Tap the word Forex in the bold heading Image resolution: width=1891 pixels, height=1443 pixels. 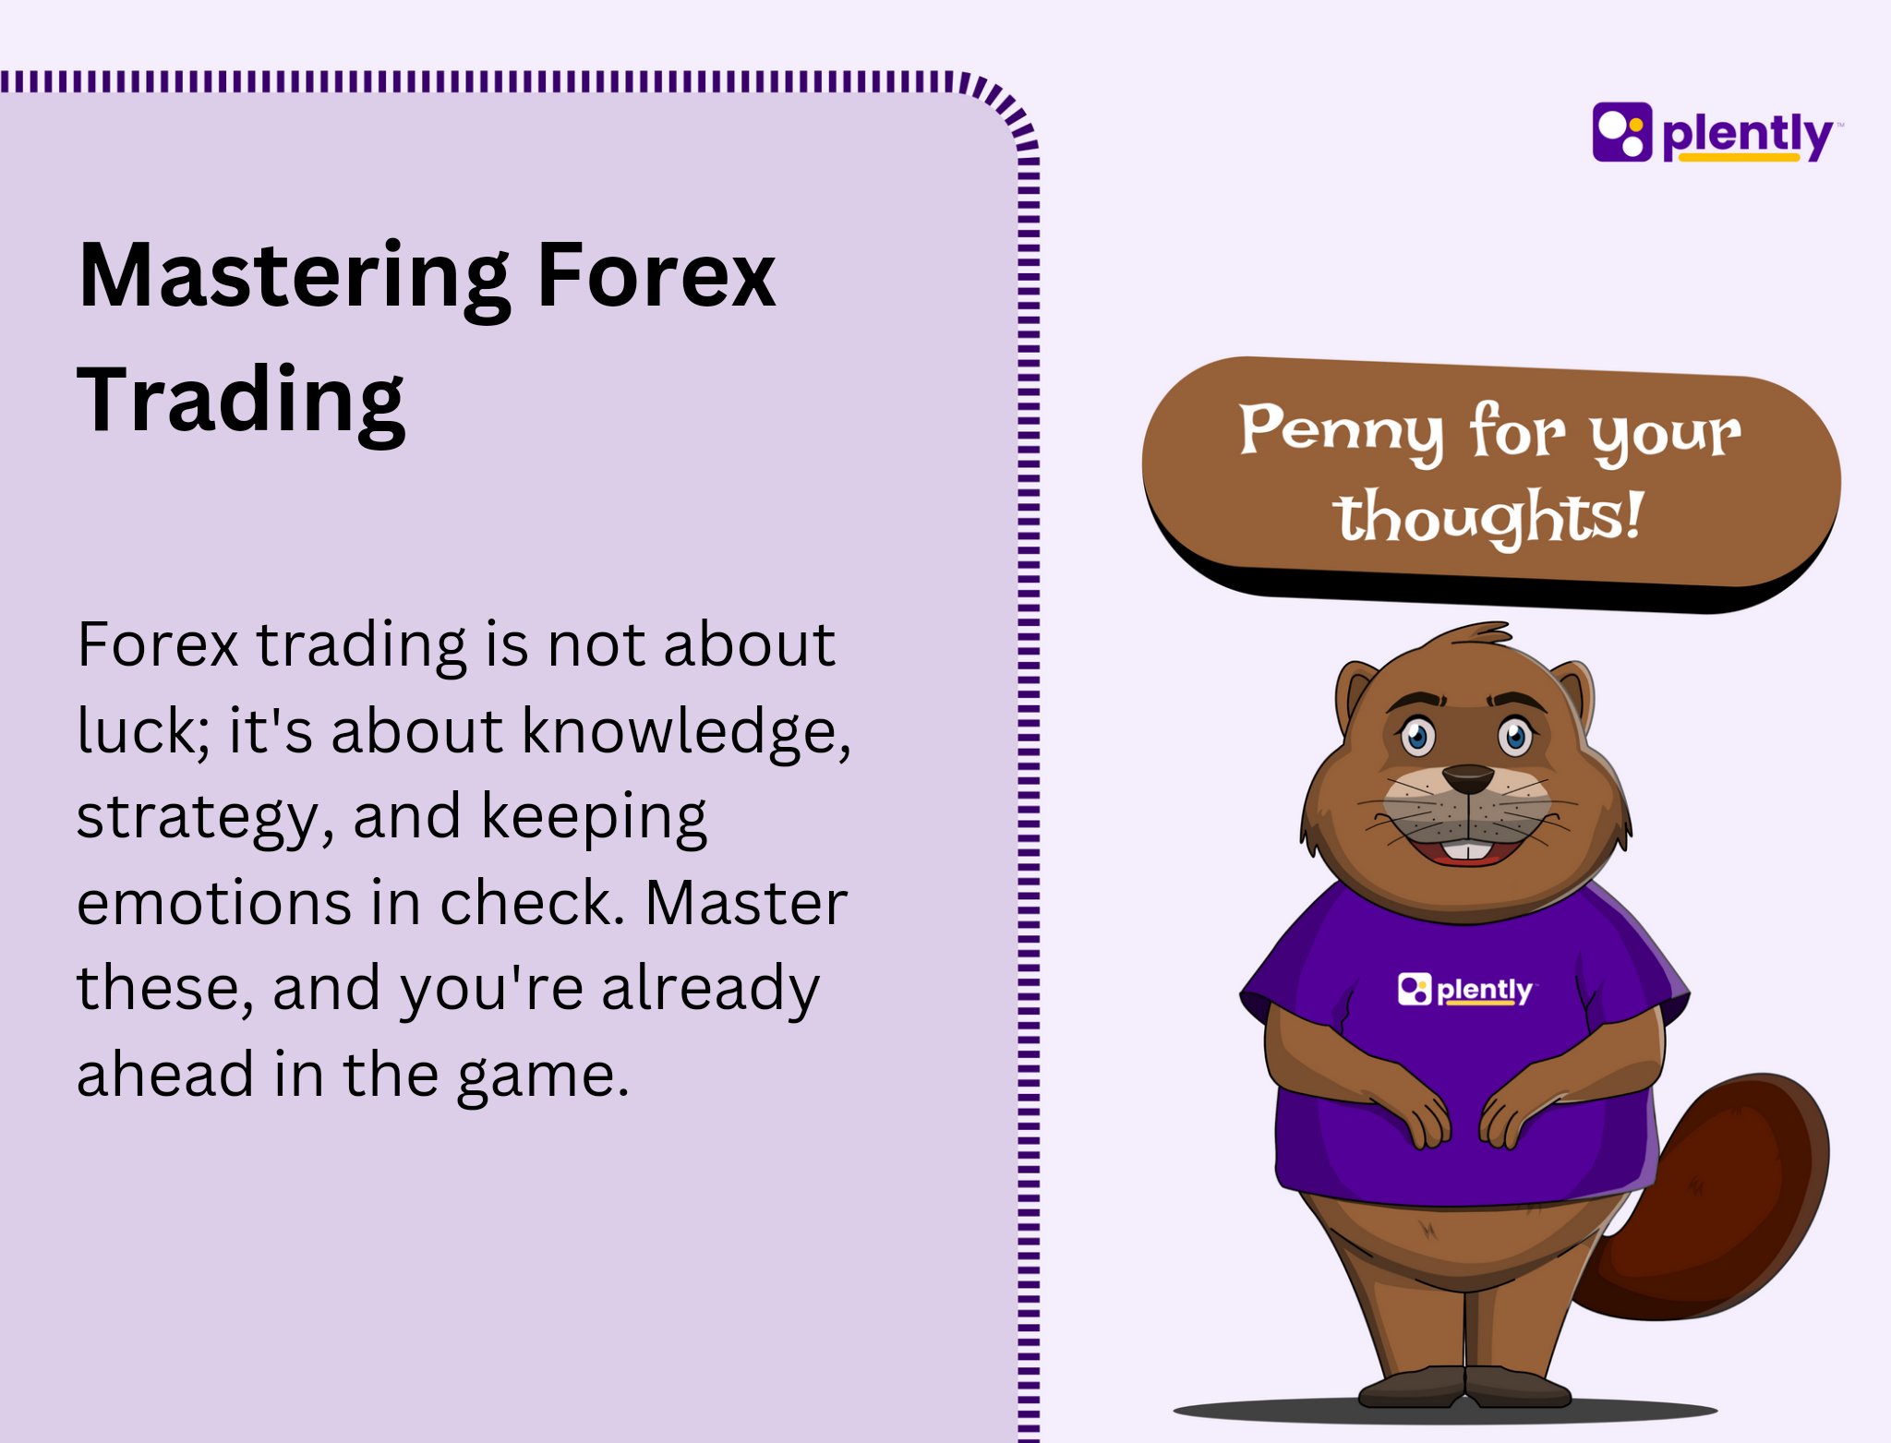[656, 275]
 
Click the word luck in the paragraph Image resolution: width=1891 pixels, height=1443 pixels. [143, 730]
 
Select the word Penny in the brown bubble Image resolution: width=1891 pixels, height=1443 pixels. [1341, 431]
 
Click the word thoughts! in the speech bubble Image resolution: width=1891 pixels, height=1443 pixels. [1488, 517]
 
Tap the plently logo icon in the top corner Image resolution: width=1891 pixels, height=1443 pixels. [1622, 132]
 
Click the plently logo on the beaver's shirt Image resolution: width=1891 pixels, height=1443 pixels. [1466, 990]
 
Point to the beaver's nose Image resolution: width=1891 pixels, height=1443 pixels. [1467, 778]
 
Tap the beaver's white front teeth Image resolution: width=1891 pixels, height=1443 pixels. [1467, 849]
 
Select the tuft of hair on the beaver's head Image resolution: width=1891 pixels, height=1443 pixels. [1474, 634]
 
